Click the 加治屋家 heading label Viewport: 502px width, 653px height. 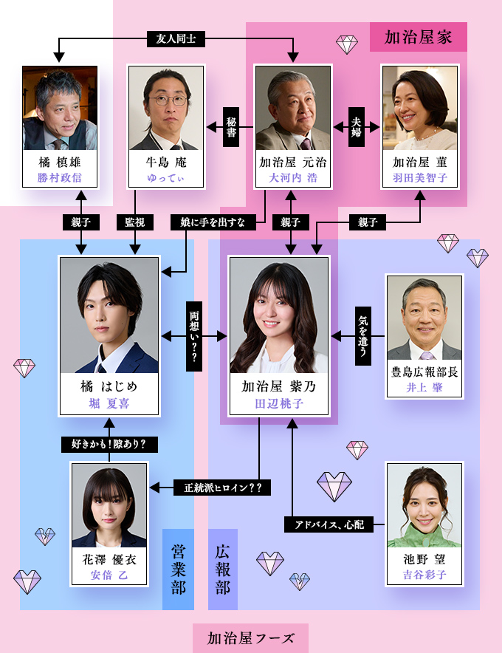(418, 37)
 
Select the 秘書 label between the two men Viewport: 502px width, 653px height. (230, 127)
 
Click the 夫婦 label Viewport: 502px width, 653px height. (357, 127)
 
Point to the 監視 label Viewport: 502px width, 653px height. (134, 221)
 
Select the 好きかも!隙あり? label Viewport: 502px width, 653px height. (109, 444)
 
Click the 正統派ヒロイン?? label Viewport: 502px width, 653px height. (222, 488)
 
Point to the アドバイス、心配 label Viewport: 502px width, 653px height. (329, 525)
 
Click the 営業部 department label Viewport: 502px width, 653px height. (178, 569)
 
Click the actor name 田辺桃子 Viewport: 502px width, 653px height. (278, 403)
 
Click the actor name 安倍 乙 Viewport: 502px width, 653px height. (109, 575)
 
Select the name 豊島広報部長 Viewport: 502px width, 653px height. (424, 372)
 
